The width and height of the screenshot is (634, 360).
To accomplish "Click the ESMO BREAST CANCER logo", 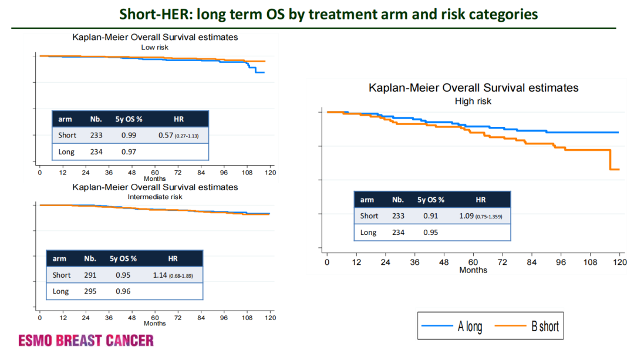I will click(x=86, y=340).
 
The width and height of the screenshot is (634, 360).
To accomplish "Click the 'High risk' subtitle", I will click(x=473, y=101).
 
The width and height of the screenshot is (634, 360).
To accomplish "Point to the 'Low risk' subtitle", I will click(x=155, y=47).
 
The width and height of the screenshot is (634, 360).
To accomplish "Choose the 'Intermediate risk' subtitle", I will click(x=155, y=197).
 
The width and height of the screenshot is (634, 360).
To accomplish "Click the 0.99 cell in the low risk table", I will click(x=129, y=135).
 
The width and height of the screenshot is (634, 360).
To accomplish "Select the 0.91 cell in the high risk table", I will click(x=430, y=216).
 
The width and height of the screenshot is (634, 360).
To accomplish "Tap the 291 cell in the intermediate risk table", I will click(x=90, y=275).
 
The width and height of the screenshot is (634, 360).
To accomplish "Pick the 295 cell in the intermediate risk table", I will click(x=90, y=291).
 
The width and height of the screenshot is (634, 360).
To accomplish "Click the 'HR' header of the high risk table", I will click(x=480, y=200).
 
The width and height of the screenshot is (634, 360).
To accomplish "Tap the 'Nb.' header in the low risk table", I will click(x=96, y=119).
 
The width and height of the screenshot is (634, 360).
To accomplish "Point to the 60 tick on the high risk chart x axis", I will click(x=473, y=262).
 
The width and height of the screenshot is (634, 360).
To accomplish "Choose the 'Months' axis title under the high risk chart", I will click(x=473, y=270).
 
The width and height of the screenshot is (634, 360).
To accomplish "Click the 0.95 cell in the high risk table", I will click(x=430, y=232).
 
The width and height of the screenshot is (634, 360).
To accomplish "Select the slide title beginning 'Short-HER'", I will click(x=329, y=14).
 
